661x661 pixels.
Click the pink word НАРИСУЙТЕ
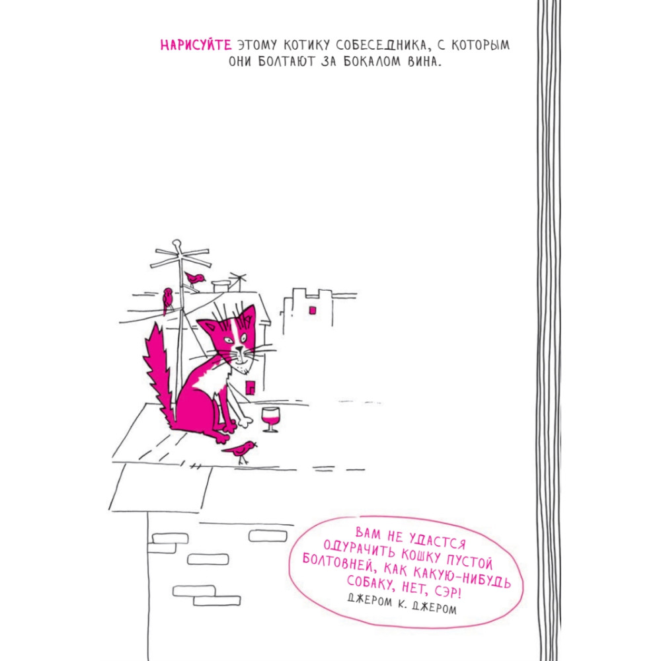click(196, 45)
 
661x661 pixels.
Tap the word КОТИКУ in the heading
click(307, 45)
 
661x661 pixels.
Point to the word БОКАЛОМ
click(371, 61)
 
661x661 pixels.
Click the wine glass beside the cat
click(270, 419)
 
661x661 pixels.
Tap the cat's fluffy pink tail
click(159, 373)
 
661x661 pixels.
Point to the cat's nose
click(239, 348)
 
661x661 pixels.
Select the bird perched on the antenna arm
click(195, 279)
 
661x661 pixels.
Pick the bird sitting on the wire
click(167, 300)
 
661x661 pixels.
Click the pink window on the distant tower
click(313, 310)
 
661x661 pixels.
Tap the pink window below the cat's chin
click(251, 388)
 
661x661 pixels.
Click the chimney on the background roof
click(221, 286)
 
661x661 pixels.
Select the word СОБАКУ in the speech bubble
click(371, 583)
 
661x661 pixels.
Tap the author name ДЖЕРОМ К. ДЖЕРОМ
click(402, 603)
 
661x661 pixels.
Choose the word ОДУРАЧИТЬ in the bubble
click(360, 549)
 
